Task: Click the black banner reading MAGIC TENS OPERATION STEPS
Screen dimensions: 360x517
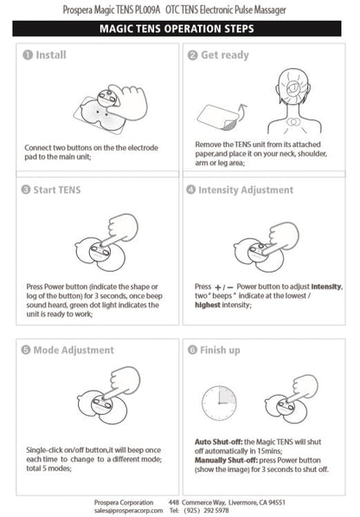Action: (177, 29)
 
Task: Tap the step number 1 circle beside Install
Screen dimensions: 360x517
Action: (28, 55)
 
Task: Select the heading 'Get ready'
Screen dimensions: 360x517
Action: (225, 55)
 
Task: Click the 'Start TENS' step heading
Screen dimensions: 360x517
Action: (57, 190)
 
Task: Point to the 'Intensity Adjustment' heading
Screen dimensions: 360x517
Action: (246, 190)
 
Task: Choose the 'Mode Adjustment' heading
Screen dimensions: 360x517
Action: (74, 350)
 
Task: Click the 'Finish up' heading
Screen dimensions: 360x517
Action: (220, 350)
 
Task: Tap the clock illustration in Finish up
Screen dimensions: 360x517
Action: (219, 403)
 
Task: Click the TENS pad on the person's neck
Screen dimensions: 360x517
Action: (292, 122)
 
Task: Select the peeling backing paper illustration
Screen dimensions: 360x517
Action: (218, 117)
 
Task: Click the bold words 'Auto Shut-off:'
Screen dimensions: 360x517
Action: (219, 442)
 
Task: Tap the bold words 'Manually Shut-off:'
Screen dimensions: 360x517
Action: (226, 460)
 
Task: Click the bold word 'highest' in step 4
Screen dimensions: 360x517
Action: (208, 305)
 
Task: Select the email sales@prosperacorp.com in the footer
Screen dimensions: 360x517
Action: (128, 510)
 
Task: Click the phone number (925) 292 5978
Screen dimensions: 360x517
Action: (206, 510)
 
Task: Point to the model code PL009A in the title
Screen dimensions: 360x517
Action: (147, 10)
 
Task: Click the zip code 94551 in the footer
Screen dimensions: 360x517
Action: (277, 502)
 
